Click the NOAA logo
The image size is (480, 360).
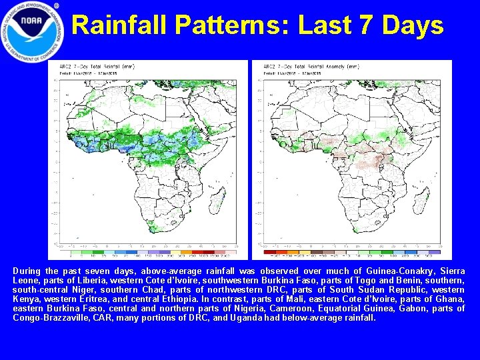point(33,32)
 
